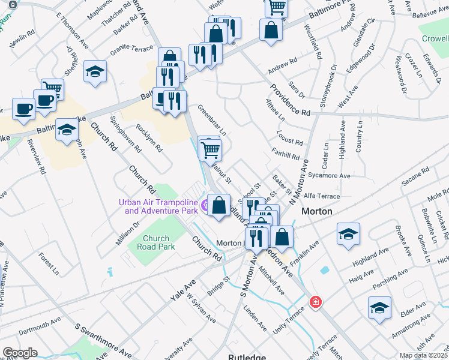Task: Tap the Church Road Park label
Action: point(155,242)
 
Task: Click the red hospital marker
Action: point(315,302)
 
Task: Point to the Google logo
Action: point(20,353)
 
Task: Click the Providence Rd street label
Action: point(289,99)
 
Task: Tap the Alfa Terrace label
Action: point(322,196)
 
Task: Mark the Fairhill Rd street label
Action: point(285,155)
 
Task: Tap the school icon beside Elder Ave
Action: point(379,308)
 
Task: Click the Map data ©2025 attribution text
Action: point(424,355)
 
